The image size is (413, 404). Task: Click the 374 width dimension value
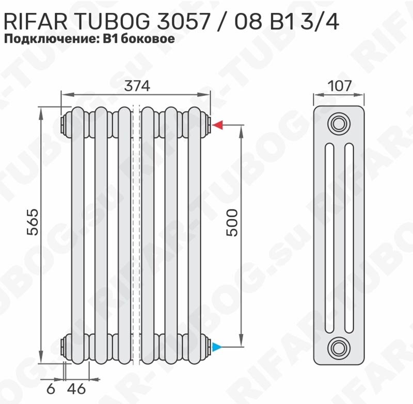click(137, 86)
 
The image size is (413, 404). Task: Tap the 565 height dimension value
click(33, 222)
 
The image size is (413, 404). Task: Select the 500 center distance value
click(232, 223)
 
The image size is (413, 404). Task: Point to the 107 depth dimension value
click(340, 86)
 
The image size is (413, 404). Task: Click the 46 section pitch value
click(76, 389)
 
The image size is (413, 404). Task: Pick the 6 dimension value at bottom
click(51, 389)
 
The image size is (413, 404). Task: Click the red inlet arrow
click(218, 125)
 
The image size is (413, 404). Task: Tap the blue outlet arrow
click(217, 347)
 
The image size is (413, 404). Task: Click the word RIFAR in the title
click(36, 22)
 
